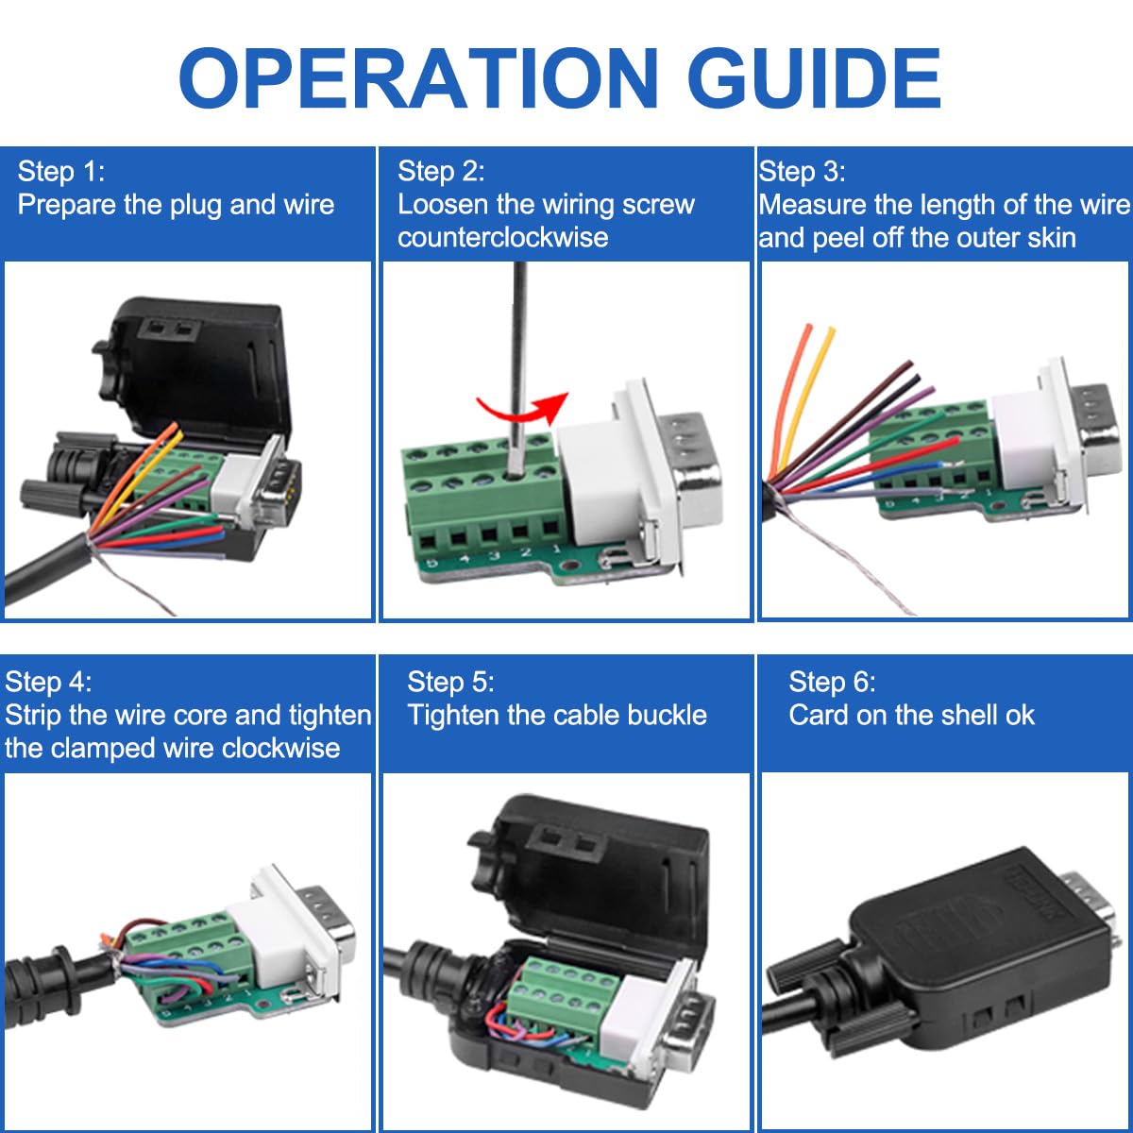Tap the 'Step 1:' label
(x=61, y=171)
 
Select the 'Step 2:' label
(x=441, y=171)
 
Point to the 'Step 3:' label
(x=802, y=171)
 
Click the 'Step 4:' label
(x=48, y=682)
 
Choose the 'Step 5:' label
(x=450, y=682)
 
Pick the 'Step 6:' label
(x=832, y=682)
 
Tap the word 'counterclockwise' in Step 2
(x=502, y=236)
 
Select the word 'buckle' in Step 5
(x=665, y=715)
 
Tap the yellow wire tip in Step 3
(x=830, y=332)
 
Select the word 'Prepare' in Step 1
(x=67, y=204)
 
